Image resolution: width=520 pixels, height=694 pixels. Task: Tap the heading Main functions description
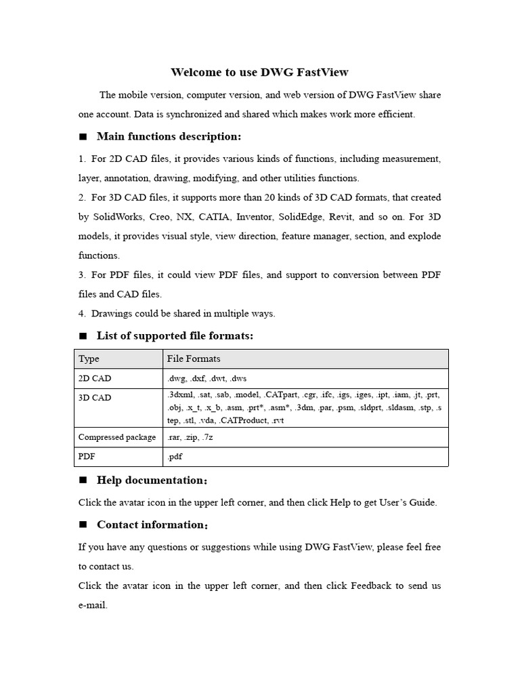(169, 137)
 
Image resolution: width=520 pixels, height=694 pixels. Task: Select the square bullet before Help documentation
(83, 481)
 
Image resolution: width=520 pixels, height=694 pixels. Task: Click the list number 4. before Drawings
(82, 314)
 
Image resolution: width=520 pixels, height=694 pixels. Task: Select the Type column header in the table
(89, 359)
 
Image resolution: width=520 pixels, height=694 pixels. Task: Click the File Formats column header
(194, 359)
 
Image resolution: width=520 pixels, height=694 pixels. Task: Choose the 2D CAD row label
(95, 378)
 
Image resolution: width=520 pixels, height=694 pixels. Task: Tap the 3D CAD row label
(95, 398)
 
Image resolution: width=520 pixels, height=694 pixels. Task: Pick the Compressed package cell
(117, 437)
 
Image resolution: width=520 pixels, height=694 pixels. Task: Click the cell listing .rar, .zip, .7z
(190, 437)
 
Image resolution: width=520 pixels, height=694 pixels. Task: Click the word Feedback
(370, 586)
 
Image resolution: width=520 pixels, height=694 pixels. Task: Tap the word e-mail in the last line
(93, 605)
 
